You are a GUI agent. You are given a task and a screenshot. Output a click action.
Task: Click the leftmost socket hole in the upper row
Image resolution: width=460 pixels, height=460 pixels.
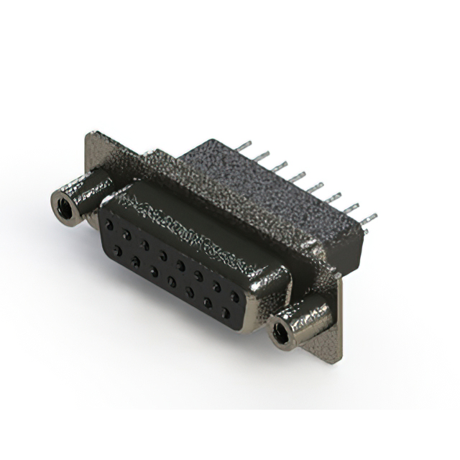click(109, 224)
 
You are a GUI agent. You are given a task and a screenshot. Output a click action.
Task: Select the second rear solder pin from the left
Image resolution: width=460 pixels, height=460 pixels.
click(262, 155)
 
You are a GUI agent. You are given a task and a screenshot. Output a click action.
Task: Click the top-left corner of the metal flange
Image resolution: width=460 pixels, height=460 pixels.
click(89, 134)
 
